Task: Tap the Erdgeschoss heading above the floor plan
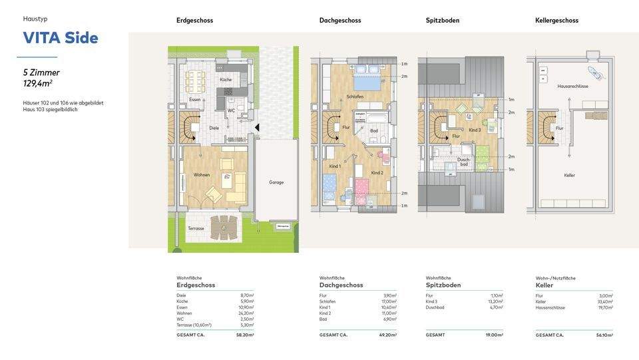tap(194, 21)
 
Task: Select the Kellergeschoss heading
tap(556, 21)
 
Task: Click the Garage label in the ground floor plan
tap(276, 182)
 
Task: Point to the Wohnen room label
tap(202, 175)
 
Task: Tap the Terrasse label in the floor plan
tap(196, 228)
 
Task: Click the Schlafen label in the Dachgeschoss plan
tap(355, 97)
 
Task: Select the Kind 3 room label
tap(475, 130)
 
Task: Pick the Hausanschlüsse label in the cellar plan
tap(572, 87)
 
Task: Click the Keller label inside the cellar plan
tap(569, 175)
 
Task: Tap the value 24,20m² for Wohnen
tap(246, 313)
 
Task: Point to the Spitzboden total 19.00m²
tap(493, 335)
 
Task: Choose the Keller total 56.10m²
tap(604, 335)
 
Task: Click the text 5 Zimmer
tap(41, 72)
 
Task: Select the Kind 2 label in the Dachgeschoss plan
tap(377, 172)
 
